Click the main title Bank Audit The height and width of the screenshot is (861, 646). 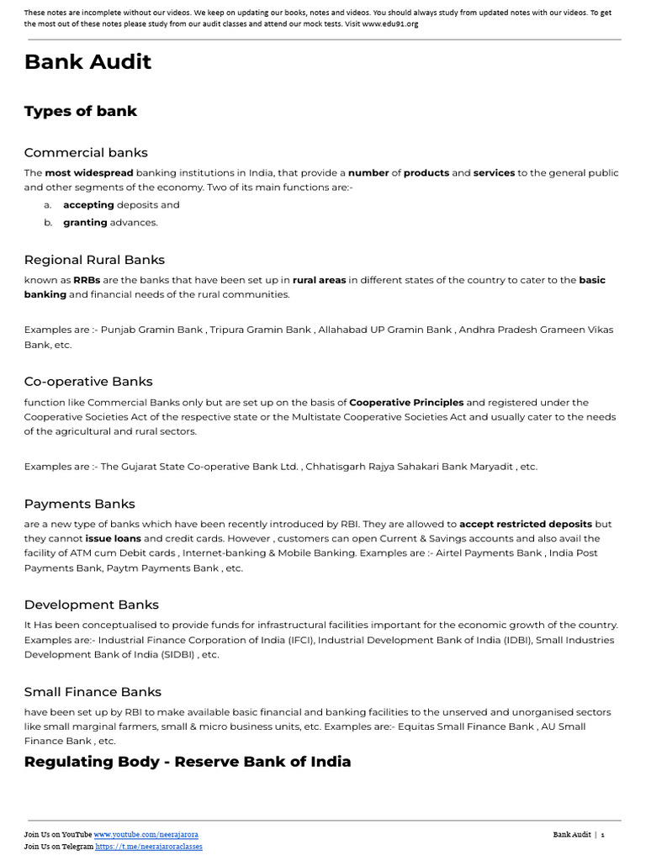click(x=87, y=62)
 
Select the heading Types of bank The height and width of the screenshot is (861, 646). click(x=81, y=111)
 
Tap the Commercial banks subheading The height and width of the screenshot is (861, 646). click(x=86, y=152)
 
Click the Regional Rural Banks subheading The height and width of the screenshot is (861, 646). click(x=94, y=260)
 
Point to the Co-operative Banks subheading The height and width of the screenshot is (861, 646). click(x=88, y=381)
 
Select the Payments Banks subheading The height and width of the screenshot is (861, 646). click(x=79, y=504)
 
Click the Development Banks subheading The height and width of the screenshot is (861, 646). click(x=91, y=605)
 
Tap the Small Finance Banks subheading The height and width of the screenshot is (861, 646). click(x=93, y=692)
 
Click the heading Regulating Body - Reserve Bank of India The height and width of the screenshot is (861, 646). click(x=188, y=762)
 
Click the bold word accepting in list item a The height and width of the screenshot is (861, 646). click(x=88, y=204)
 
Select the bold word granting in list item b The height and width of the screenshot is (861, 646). click(x=85, y=223)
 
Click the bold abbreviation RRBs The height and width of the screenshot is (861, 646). click(x=87, y=280)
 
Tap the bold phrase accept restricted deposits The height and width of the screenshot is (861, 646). click(x=526, y=524)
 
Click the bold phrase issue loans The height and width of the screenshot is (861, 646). click(x=113, y=538)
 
